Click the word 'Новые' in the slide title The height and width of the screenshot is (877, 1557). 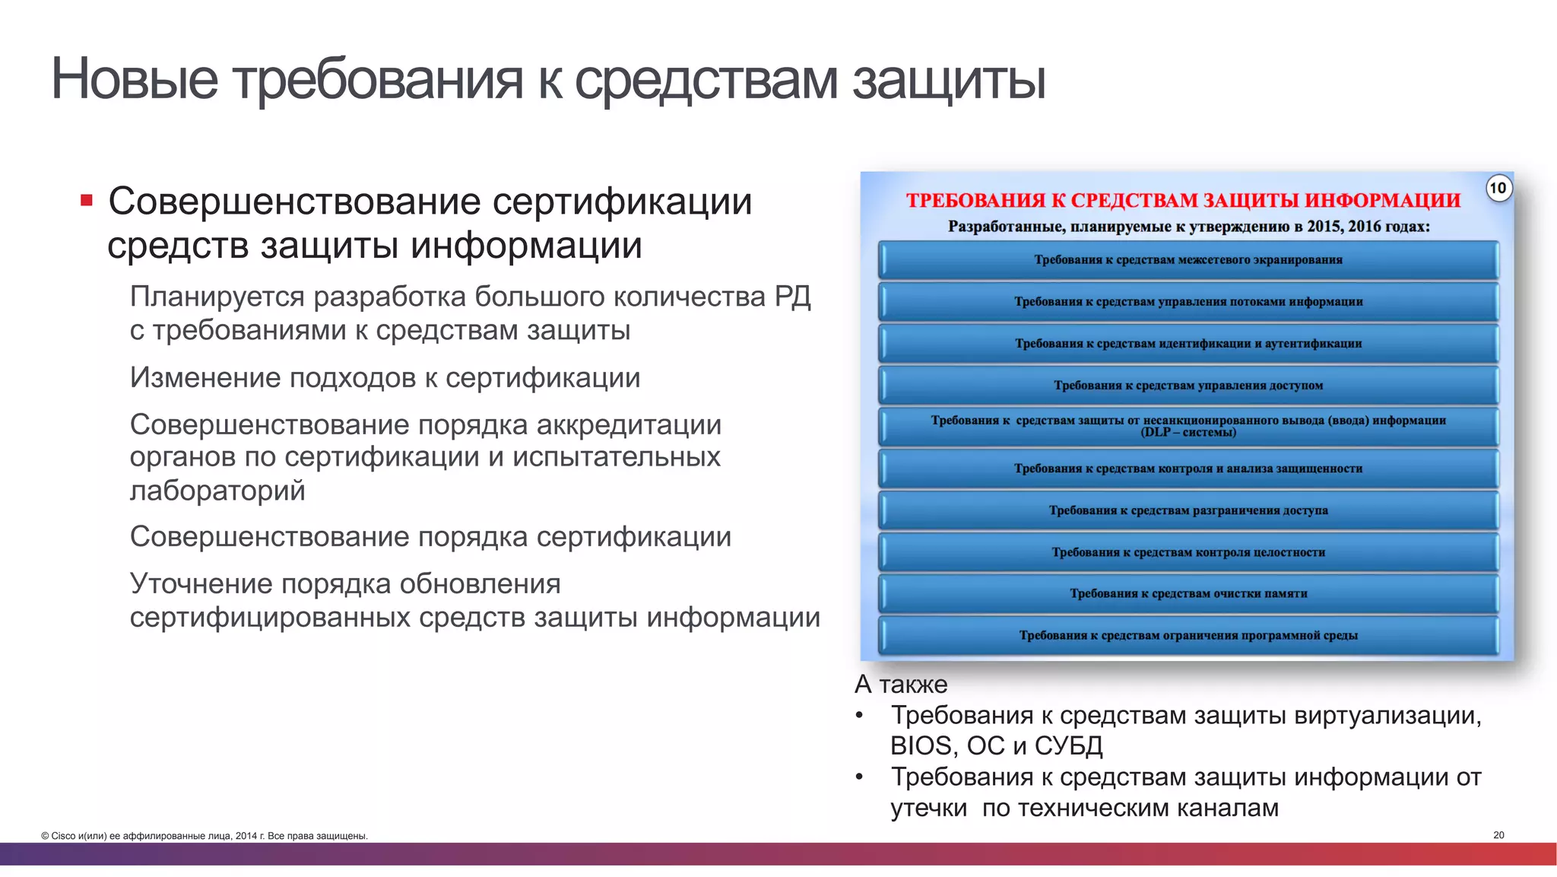click(x=134, y=79)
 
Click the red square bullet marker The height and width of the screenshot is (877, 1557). click(x=87, y=201)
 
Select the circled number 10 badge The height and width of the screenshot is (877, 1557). click(x=1497, y=188)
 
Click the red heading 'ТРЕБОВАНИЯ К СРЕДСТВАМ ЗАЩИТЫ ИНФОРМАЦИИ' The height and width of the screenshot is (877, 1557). click(x=1183, y=201)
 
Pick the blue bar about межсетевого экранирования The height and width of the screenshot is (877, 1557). click(x=1188, y=260)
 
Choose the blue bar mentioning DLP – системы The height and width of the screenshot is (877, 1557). click(x=1188, y=427)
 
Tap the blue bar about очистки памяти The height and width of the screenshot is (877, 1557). click(x=1188, y=593)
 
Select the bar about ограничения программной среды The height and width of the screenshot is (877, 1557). click(x=1188, y=635)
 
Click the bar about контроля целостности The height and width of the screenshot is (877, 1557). click(x=1188, y=552)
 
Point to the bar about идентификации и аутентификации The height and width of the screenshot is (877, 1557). click(x=1188, y=344)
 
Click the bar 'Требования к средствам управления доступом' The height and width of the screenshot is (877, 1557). click(x=1188, y=386)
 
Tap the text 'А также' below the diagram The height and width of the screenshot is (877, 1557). click(x=901, y=685)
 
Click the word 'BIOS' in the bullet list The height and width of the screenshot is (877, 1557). click(x=920, y=746)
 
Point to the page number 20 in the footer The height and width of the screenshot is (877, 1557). click(x=1498, y=835)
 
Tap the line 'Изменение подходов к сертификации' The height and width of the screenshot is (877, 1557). click(x=385, y=378)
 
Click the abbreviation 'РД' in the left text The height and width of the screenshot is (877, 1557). click(x=792, y=297)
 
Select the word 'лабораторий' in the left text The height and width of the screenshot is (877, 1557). click(x=217, y=491)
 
